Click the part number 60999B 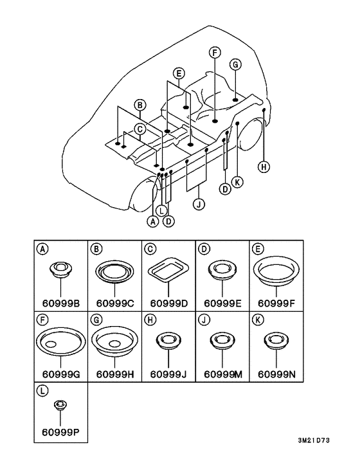pos(61,303)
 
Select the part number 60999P pos(61,432)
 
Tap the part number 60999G pos(61,374)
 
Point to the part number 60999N pos(276,374)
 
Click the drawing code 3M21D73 pos(314,440)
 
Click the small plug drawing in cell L pos(60,404)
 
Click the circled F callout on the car pos(215,53)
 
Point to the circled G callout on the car pos(235,64)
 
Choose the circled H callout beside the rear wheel pos(264,167)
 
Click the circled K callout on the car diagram pos(237,182)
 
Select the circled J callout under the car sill pos(199,204)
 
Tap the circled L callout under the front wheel pos(161,210)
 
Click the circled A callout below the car pos(153,221)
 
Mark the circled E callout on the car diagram pos(179,73)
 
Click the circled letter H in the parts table pos(150,320)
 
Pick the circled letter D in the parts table pos(204,249)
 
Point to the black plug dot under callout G pos(235,100)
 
